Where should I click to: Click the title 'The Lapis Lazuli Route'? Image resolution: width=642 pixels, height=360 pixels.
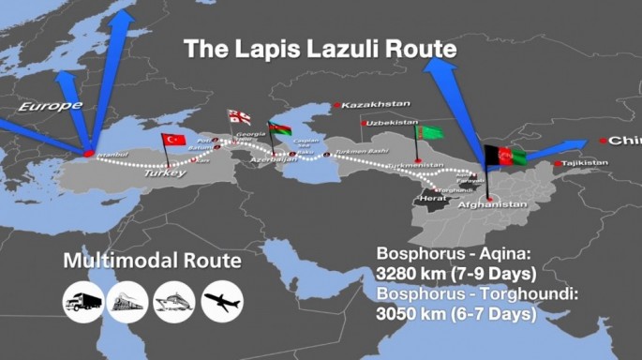coord(320,49)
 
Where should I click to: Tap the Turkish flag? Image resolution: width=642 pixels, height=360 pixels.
coord(174,139)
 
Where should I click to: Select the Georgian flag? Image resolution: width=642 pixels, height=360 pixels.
coord(240,117)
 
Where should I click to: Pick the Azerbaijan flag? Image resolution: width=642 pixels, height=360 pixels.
coord(279,128)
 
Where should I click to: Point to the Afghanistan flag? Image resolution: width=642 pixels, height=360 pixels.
coord(505,157)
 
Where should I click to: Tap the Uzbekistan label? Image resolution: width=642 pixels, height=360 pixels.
coord(392,123)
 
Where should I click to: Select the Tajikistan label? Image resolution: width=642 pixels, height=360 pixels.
coord(587,163)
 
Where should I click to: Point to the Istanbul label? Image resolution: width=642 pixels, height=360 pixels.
coord(111,153)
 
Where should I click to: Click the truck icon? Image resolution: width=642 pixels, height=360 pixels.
coord(82,301)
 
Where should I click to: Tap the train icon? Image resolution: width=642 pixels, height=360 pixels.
coord(128,301)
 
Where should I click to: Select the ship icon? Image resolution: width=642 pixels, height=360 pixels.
coord(174,301)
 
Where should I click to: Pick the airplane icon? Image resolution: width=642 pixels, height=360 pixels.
coord(221,301)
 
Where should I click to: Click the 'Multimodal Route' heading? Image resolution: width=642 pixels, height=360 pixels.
coord(152,261)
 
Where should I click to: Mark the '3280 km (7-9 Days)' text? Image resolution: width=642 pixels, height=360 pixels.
coord(455,275)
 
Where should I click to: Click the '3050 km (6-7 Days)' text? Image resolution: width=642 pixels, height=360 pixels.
coord(454,315)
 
